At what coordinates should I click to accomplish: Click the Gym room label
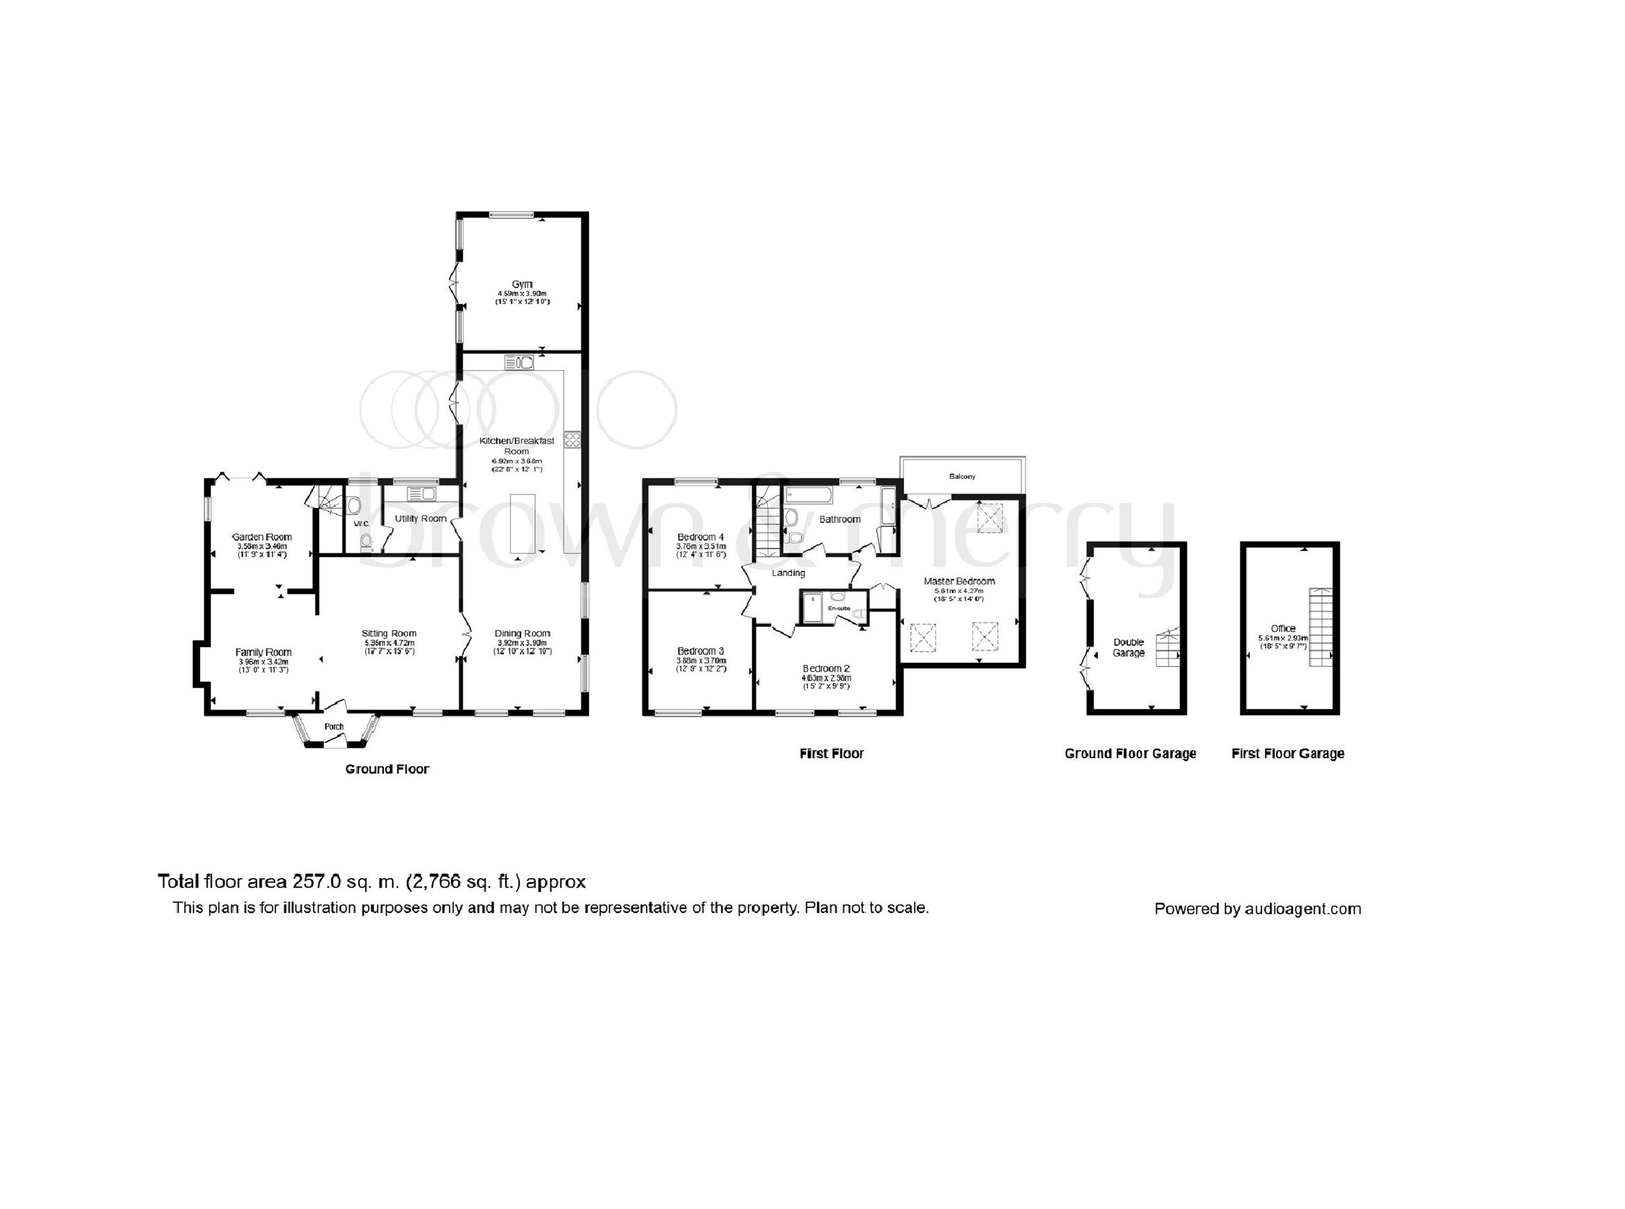522,284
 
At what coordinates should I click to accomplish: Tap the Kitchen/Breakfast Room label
517,446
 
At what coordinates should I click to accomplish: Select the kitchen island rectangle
522,523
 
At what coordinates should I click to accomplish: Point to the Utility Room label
421,519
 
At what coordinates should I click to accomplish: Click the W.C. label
361,524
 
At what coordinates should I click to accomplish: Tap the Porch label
334,726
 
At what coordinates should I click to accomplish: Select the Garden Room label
262,537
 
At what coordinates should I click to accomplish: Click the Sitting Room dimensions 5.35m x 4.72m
389,643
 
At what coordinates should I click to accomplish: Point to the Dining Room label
522,634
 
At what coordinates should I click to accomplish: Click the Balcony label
962,476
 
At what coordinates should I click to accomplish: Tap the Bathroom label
839,519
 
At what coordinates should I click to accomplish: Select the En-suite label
839,608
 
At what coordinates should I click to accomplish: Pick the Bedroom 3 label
700,651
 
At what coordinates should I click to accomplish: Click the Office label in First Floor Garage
1283,629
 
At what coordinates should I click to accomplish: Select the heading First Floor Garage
1288,754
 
